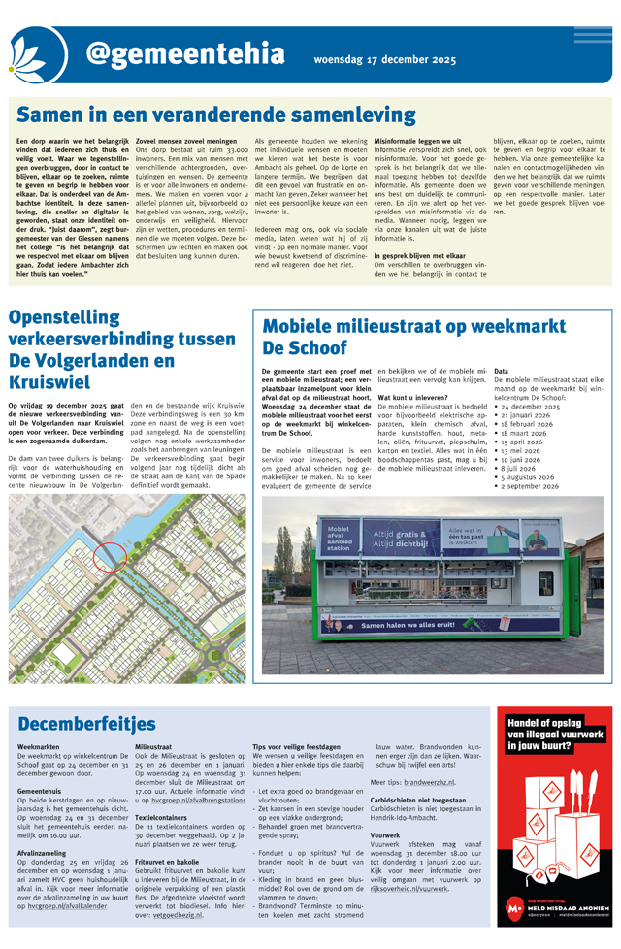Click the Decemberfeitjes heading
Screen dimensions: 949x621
[86, 723]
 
